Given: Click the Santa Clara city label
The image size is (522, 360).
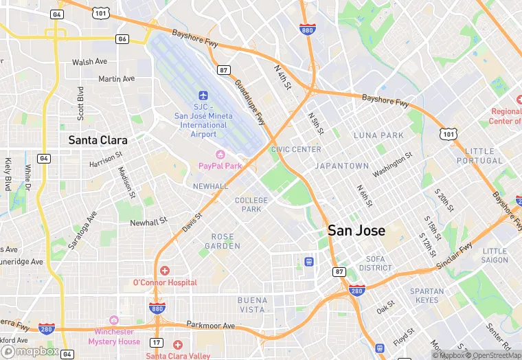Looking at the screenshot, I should (98, 140).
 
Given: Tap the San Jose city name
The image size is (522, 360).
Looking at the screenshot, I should (356, 230).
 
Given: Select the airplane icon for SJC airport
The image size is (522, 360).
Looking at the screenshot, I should (203, 95).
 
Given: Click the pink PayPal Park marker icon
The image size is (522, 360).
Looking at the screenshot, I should (220, 155).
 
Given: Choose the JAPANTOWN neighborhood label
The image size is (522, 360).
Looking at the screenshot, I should (341, 166).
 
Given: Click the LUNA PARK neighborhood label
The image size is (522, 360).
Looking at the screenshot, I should (378, 135).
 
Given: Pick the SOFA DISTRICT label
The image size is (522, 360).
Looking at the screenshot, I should (375, 263).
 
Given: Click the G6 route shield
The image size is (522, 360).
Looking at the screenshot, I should (123, 39).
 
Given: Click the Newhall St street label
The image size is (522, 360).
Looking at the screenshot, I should (149, 222).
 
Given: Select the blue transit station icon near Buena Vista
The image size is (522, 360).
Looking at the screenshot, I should (309, 262).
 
